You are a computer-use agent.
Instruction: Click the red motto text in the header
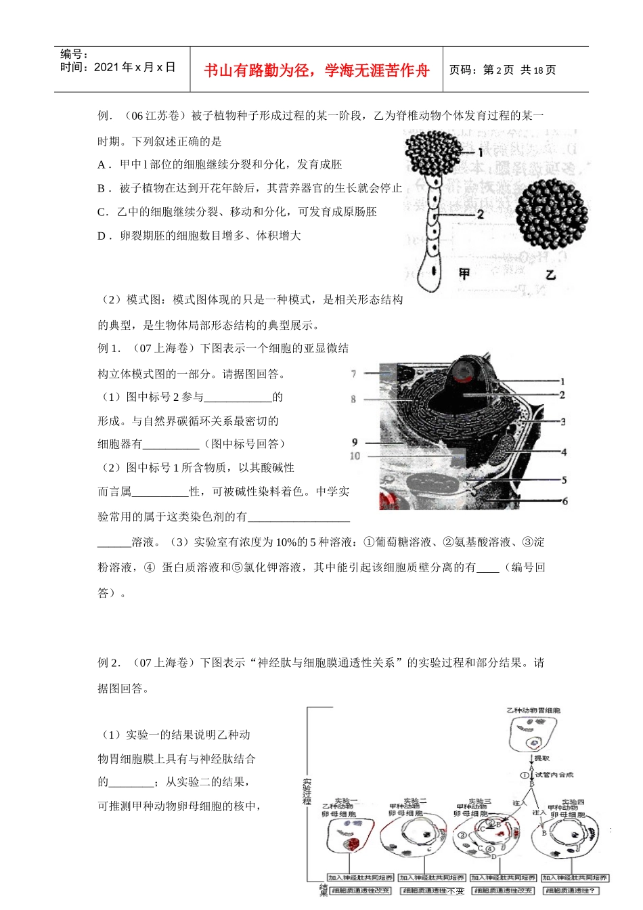[317, 70]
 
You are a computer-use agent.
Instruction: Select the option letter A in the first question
[102, 165]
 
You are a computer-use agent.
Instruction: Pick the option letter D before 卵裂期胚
[102, 236]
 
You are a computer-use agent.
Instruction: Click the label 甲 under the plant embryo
[464, 274]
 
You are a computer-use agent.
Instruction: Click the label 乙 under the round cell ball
[550, 274]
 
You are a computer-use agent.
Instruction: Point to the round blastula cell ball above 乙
[551, 214]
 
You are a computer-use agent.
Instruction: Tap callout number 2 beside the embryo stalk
[480, 214]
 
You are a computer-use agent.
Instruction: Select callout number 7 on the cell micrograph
[353, 374]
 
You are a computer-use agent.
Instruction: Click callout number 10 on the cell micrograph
[355, 456]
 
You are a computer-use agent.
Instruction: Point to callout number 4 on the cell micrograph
[564, 452]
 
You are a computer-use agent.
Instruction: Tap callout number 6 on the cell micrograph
[564, 501]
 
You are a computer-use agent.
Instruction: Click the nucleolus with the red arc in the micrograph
[464, 370]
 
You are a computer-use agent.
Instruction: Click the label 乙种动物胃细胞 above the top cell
[533, 710]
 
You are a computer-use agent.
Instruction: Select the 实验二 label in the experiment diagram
[414, 802]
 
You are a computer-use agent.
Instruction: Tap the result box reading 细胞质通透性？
[571, 891]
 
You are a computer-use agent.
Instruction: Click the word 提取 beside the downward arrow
[542, 759]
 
